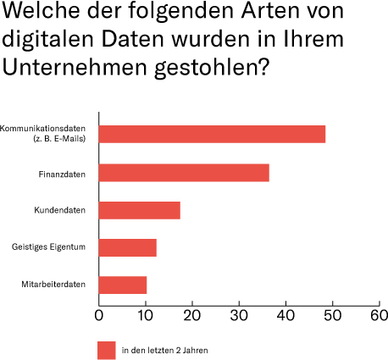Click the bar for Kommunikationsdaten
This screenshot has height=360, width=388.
click(212, 134)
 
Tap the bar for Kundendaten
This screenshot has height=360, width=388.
click(140, 210)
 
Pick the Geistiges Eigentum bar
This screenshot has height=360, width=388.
click(128, 247)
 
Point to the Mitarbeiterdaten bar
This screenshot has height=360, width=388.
click(123, 285)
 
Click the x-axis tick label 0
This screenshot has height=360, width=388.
click(99, 315)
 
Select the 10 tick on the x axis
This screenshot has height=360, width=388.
click(146, 315)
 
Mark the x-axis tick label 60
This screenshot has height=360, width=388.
click(379, 315)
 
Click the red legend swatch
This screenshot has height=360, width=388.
click(106, 350)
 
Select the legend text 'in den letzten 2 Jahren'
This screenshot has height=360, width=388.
click(165, 350)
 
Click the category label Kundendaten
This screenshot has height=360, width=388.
click(64, 210)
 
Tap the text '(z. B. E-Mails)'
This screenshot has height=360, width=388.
click(57, 139)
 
